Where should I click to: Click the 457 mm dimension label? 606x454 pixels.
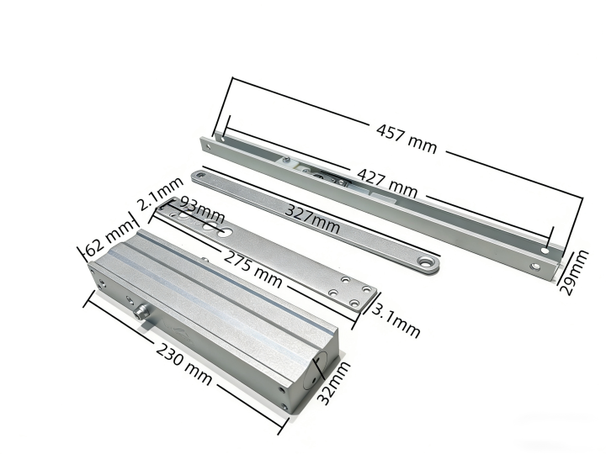click(x=407, y=138)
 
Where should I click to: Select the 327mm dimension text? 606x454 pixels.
click(x=312, y=219)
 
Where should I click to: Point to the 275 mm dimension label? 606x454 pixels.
click(x=253, y=269)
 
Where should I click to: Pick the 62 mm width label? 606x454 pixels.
click(x=109, y=241)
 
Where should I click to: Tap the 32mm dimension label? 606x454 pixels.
click(x=333, y=383)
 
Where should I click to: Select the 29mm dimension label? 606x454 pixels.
click(x=574, y=272)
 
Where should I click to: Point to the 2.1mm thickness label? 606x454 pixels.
click(x=160, y=193)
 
